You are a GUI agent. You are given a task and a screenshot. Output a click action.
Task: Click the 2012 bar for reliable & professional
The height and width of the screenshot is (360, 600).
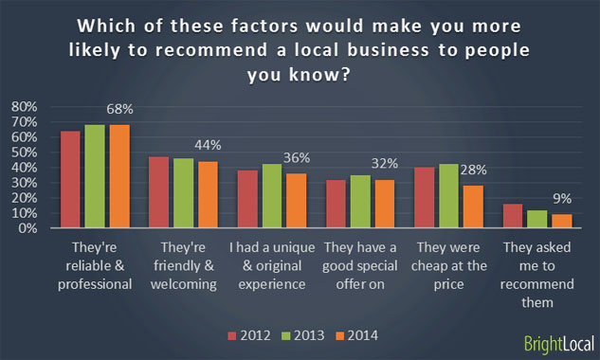70,180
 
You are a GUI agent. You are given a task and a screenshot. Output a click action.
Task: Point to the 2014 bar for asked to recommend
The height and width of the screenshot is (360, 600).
561,221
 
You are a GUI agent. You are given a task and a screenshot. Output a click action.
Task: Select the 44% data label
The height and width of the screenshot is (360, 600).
207,145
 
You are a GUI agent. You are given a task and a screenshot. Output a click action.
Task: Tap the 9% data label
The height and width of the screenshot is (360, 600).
564,200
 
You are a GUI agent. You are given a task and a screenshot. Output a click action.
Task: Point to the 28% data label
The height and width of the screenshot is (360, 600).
474,170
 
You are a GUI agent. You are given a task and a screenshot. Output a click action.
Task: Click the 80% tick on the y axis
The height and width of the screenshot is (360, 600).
24,107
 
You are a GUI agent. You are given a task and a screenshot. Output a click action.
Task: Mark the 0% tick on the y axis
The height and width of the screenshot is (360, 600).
27,228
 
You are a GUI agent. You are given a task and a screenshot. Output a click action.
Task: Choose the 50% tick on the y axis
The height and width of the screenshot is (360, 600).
24,153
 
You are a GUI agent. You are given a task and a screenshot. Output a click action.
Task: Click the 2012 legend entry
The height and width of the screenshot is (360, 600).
247,334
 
